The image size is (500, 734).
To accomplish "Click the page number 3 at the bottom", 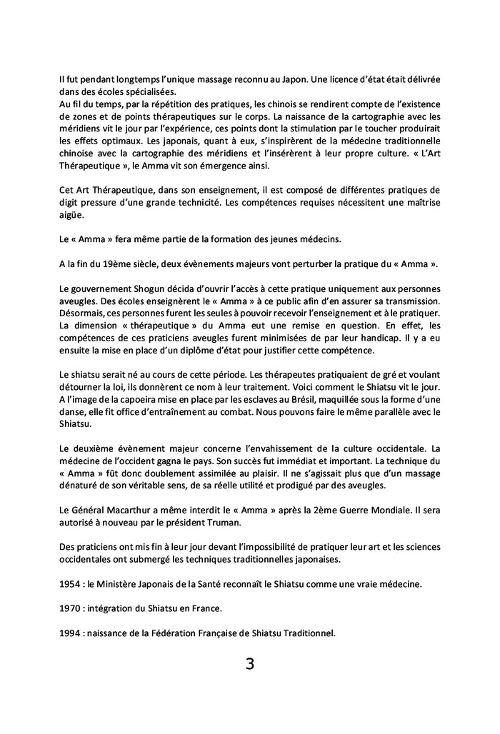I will coord(249,663).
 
